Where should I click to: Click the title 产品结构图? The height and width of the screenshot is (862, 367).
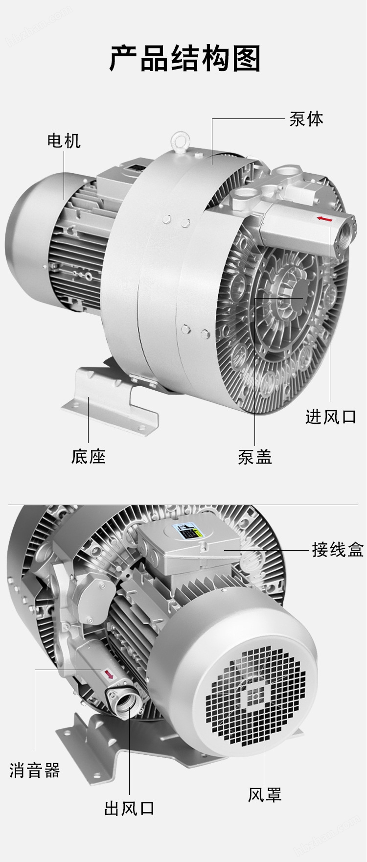pos(184,59)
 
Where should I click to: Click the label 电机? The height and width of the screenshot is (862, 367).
pos(64,141)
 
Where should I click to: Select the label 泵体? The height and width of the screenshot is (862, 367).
pos(306,119)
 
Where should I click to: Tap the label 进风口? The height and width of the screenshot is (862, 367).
pos(331,417)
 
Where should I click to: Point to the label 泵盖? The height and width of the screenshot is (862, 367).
pos(255,457)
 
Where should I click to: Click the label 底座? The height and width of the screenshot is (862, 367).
pos(88,456)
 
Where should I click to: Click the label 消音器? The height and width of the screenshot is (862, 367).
pos(35,770)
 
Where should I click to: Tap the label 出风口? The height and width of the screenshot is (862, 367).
pos(130,808)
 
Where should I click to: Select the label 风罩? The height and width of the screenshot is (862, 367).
pos(264,794)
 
